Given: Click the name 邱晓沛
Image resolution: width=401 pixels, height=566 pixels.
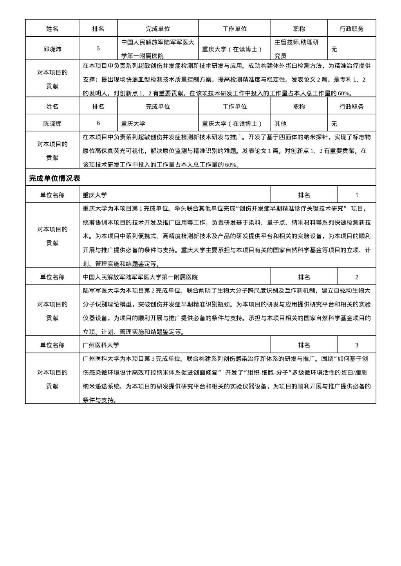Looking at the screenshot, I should tap(52, 49).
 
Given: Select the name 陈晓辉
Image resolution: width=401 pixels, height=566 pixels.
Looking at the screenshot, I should tap(52, 124).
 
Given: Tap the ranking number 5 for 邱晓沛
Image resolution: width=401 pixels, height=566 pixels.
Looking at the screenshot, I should tap(98, 49).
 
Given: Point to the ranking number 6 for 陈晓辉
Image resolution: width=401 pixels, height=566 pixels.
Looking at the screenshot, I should tap(98, 123).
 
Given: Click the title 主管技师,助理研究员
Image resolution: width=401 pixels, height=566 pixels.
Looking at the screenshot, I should tap(296, 49).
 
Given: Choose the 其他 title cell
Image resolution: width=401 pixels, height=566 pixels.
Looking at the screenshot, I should tap(280, 124).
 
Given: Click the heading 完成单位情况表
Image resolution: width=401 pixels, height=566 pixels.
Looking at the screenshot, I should tap(55, 178).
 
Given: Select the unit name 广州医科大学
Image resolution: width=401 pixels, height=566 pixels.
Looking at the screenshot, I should tap(101, 345).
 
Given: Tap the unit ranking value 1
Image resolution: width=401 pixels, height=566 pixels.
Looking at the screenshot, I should tap(356, 195).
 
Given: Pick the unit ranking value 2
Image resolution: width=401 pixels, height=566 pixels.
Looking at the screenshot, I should tap(356, 277).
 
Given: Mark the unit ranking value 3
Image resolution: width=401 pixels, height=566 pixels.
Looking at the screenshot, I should tap(356, 345).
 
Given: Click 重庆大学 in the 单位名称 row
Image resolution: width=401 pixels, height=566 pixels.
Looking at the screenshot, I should tap(95, 195).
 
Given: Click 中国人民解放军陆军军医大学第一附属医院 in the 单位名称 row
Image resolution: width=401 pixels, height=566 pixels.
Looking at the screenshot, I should tap(141, 277).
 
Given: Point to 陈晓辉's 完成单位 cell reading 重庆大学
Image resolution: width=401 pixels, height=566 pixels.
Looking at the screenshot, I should tap(133, 124).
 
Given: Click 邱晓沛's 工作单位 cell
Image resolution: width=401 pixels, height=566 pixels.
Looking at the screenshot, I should tap(232, 49).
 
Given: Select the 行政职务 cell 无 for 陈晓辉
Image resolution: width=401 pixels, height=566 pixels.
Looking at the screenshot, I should tap(334, 124).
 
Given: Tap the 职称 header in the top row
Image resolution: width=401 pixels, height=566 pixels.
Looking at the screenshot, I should tap(299, 29).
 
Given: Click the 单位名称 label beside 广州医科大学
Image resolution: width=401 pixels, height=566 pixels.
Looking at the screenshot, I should tap(52, 345).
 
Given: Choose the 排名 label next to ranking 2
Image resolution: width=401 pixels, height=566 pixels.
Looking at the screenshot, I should tap(304, 277).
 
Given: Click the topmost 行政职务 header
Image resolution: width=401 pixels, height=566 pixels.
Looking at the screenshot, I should tap(351, 29).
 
